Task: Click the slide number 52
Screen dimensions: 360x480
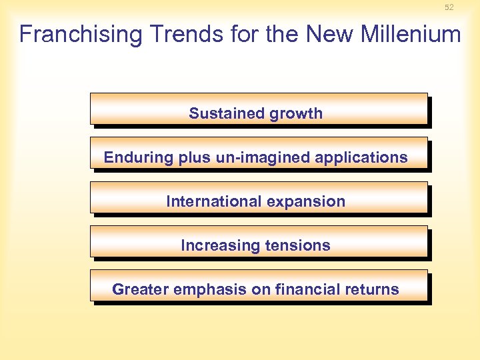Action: click(x=449, y=7)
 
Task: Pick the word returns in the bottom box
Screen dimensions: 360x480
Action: click(x=373, y=289)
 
